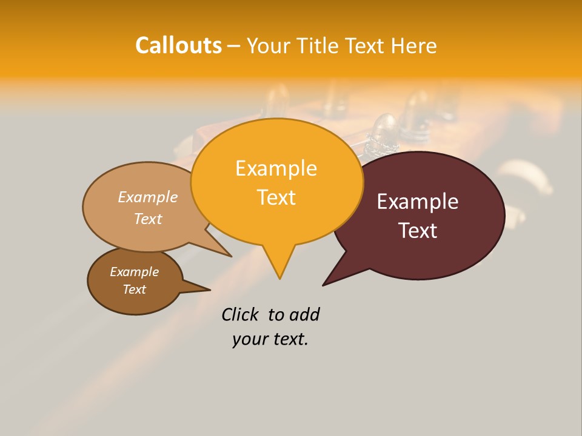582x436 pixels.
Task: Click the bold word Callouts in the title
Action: (178, 45)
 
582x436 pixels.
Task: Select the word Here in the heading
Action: (415, 46)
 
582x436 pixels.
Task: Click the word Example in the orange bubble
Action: (276, 168)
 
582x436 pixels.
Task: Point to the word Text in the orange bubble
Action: (276, 197)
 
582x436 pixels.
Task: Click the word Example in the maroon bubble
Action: (418, 202)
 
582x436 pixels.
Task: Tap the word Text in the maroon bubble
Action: (418, 231)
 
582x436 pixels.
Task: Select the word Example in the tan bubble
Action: (148, 197)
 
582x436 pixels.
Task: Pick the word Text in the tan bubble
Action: (148, 219)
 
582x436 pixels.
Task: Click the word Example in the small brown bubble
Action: (135, 272)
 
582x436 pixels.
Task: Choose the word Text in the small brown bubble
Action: (135, 289)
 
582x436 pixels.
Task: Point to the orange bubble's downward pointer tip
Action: (279, 277)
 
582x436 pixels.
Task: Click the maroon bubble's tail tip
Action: (324, 284)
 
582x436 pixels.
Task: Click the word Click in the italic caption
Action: (239, 315)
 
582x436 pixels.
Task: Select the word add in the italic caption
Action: (304, 315)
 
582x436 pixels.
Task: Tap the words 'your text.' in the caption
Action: (270, 339)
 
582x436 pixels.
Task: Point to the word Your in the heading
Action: (270, 46)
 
